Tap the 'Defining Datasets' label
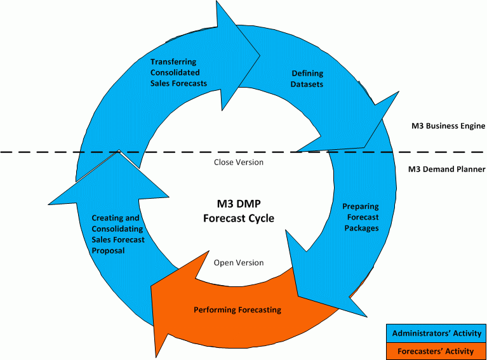click(307, 79)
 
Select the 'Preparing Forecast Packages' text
click(360, 217)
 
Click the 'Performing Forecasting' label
click(237, 310)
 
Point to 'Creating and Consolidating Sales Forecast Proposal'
click(118, 234)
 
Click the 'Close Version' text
click(238, 162)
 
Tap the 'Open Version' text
click(238, 262)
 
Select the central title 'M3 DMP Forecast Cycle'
click(238, 211)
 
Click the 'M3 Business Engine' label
click(448, 126)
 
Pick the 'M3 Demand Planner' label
click(447, 170)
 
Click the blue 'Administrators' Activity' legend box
click(436, 333)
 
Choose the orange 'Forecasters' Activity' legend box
click(436, 350)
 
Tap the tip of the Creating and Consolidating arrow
click(119, 150)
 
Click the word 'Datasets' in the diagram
click(307, 84)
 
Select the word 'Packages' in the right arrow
click(360, 228)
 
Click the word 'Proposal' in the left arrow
click(108, 251)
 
